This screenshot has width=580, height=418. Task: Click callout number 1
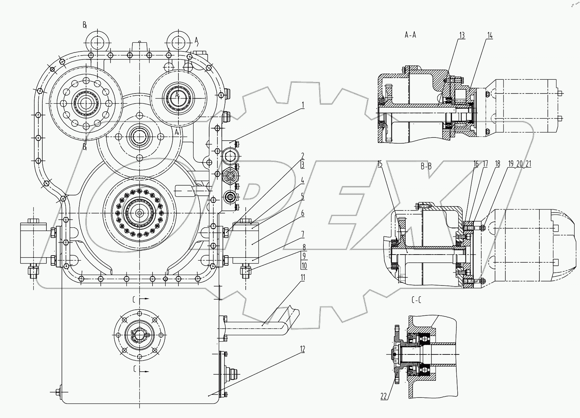302,106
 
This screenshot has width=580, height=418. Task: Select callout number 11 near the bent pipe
302,277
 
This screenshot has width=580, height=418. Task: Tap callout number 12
302,350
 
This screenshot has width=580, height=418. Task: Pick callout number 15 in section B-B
380,164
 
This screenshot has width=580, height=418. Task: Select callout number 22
384,396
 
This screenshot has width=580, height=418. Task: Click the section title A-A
410,35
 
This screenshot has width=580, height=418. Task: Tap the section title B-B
426,165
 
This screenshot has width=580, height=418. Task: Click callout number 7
302,234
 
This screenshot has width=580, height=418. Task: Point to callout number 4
302,181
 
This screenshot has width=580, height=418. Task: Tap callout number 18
497,164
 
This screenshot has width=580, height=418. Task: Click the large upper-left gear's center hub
86,103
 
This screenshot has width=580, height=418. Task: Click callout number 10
304,266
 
